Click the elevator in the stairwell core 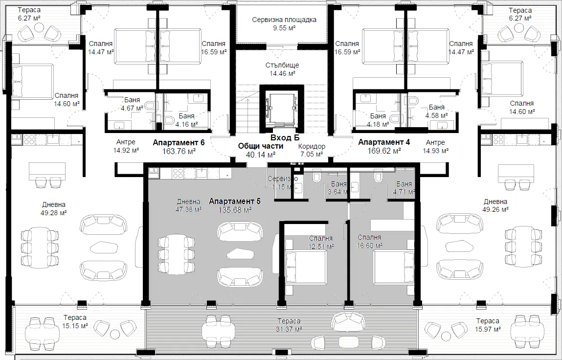(x=281, y=109)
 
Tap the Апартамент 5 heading (x=235, y=201)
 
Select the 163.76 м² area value (x=179, y=151)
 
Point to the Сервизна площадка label (x=284, y=20)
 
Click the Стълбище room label (x=282, y=65)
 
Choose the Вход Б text (x=285, y=137)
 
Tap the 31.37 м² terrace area (x=289, y=329)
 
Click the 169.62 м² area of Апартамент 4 (x=384, y=151)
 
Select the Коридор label (x=312, y=146)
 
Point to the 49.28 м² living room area (x=54, y=213)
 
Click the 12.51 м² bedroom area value (x=321, y=247)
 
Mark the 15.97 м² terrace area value (x=488, y=329)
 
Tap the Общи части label (x=261, y=146)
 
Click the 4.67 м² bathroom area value (x=132, y=108)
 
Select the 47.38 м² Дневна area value (x=188, y=209)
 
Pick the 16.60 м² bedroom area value (x=369, y=246)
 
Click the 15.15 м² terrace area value (x=75, y=326)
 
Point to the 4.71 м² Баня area (x=404, y=192)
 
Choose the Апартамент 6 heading (x=179, y=142)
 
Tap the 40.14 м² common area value (x=261, y=155)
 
